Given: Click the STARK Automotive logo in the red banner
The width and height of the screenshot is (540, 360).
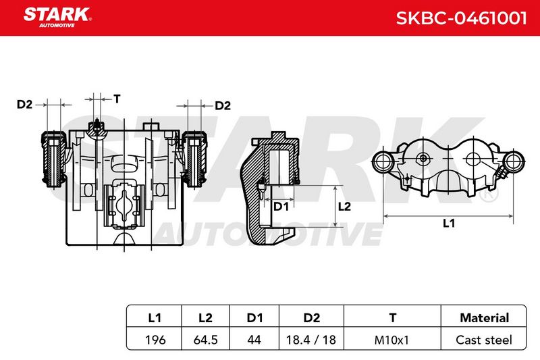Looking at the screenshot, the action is coord(57,18).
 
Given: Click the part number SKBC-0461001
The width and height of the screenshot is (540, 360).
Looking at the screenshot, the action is coord(462,18).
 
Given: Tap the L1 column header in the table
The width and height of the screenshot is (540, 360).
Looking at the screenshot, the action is coord(155,317).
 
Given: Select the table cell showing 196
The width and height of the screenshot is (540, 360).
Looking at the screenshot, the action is coord(155,340).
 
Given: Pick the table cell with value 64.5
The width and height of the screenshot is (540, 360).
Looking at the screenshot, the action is coord(206,340).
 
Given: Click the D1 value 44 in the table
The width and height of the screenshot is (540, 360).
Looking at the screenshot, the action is coord(254,340).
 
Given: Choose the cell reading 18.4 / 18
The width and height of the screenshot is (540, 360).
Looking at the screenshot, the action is coord(311,340).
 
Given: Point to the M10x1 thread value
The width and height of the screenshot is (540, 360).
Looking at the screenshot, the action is coord(391,340).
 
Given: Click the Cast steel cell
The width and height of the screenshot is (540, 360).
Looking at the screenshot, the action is coord(484,340).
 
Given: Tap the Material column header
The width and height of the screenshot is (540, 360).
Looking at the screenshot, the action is coord(484,317).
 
